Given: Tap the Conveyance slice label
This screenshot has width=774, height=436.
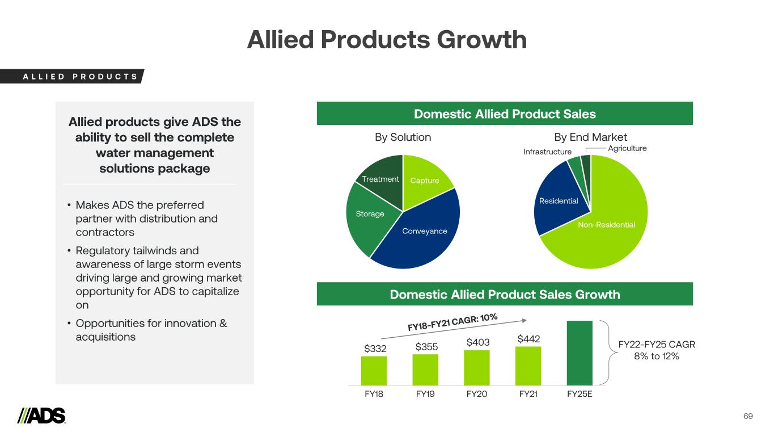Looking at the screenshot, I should (x=425, y=231).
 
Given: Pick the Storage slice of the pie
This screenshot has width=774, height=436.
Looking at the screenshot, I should (x=370, y=214).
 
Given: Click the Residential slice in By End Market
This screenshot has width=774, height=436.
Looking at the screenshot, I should (x=559, y=201).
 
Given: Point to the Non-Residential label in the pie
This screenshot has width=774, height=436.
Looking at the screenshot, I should (x=606, y=225).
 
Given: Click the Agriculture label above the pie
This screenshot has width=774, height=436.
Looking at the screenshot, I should (x=627, y=148).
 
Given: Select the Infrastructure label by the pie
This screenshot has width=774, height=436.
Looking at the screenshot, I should (x=547, y=152).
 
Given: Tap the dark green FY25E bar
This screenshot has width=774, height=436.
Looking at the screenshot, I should (x=580, y=353).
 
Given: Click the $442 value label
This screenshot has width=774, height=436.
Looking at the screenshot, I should (x=528, y=339).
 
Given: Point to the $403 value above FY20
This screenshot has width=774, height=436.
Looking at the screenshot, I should (x=477, y=342).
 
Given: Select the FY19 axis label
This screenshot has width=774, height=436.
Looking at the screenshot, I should (x=425, y=394).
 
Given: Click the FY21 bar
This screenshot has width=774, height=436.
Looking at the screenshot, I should (x=528, y=366).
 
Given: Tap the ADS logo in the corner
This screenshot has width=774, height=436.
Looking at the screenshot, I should (x=41, y=416).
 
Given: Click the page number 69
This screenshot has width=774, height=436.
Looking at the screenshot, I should (x=748, y=417).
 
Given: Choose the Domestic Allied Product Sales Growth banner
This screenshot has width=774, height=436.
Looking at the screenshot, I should (x=505, y=294).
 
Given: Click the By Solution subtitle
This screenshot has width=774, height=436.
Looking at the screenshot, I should (x=403, y=137).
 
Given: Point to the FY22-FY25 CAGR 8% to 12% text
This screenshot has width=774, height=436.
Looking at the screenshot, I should (x=656, y=350).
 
